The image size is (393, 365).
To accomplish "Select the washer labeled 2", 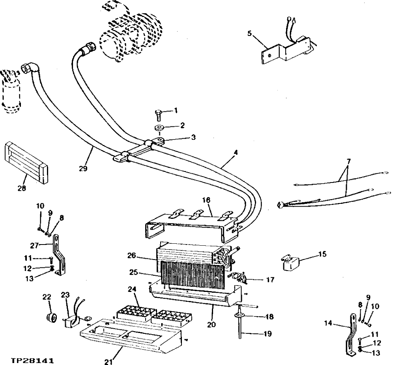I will tap(160, 128).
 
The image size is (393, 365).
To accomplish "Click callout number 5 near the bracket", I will tap(249, 34).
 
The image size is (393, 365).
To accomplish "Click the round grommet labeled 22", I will tap(50, 317).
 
